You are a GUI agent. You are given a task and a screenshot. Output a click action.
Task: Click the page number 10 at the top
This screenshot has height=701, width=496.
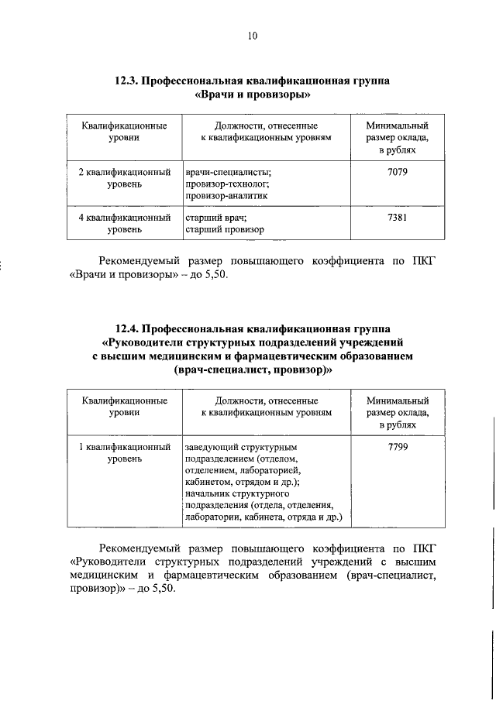(x=252, y=36)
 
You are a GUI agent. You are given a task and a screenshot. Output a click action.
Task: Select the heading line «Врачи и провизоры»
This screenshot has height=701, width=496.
(x=253, y=95)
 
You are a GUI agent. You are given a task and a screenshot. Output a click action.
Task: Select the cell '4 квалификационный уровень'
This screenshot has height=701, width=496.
(x=125, y=224)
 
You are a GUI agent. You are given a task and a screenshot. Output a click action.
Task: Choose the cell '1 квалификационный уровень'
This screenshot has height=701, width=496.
(x=125, y=453)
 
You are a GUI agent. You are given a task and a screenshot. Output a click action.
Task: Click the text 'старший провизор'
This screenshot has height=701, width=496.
(x=224, y=230)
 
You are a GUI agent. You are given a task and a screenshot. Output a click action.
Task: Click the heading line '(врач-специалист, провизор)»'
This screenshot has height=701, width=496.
(x=253, y=371)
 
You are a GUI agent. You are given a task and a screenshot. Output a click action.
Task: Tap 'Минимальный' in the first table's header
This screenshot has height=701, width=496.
(x=397, y=125)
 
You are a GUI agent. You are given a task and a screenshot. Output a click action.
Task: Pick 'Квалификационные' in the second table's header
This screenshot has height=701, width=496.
(x=125, y=400)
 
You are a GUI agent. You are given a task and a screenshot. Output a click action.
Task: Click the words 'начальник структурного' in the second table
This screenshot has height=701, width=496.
(x=237, y=493)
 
